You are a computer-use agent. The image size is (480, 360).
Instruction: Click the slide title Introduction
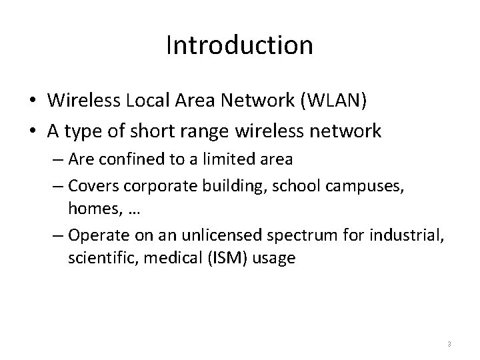tap(239, 46)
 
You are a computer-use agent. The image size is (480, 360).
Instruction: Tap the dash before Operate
tap(57, 236)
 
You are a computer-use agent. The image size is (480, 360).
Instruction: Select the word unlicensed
tap(199, 235)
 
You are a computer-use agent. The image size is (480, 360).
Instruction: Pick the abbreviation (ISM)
tap(221, 257)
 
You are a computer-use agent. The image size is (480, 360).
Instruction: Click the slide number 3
tap(449, 344)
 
